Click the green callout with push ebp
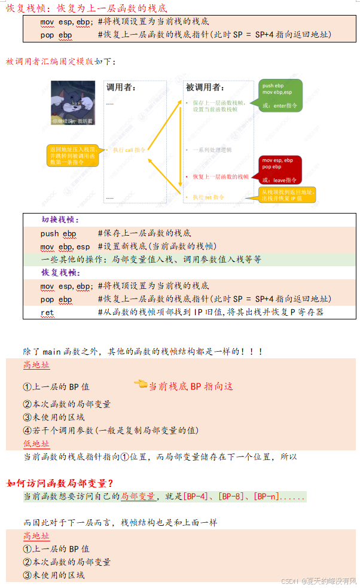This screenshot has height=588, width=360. [x=279, y=95]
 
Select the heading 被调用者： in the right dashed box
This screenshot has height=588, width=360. [x=205, y=87]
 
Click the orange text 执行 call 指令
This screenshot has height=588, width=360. [x=129, y=150]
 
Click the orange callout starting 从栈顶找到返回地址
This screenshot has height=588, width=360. [x=287, y=194]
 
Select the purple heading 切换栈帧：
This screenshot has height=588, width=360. [x=60, y=220]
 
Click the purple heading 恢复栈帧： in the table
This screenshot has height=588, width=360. [x=60, y=273]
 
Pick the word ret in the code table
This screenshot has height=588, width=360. [x=47, y=312]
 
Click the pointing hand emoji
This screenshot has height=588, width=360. [x=141, y=384]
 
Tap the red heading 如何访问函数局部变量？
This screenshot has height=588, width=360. [x=60, y=483]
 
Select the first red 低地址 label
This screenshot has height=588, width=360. [x=36, y=444]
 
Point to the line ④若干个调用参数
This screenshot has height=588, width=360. [x=111, y=430]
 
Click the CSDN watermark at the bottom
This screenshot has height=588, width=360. [x=319, y=581]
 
